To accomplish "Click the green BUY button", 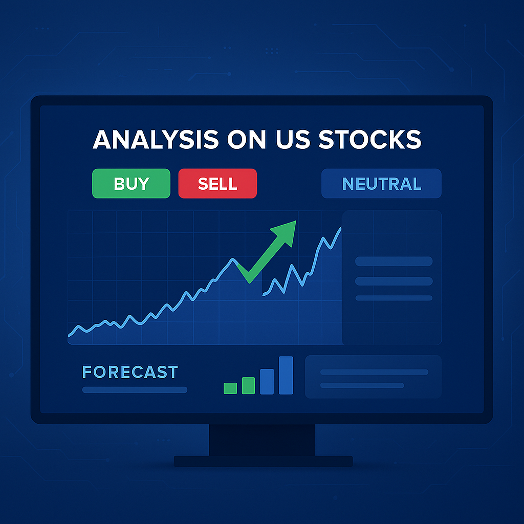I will pyautogui.click(x=131, y=183).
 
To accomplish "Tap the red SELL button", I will pyautogui.click(x=217, y=183).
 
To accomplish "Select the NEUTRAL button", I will pyautogui.click(x=381, y=183).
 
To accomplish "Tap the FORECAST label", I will pyautogui.click(x=130, y=372).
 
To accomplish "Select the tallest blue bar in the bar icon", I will pyautogui.click(x=286, y=375).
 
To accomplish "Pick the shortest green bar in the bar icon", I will pyautogui.click(x=230, y=388).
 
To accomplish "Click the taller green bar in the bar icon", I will pyautogui.click(x=248, y=385).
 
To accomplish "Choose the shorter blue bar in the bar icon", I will pyautogui.click(x=267, y=381).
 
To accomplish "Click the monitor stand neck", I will pyautogui.click(x=262, y=440).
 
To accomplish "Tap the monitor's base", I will pyautogui.click(x=263, y=461).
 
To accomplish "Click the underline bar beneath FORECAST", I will pyautogui.click(x=135, y=390).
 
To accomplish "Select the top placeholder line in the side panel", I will pyautogui.click(x=394, y=261).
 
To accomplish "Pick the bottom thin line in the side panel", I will pyautogui.click(x=394, y=298).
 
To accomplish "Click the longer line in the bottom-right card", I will pyautogui.click(x=374, y=372).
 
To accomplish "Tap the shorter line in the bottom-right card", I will pyautogui.click(x=362, y=385).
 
